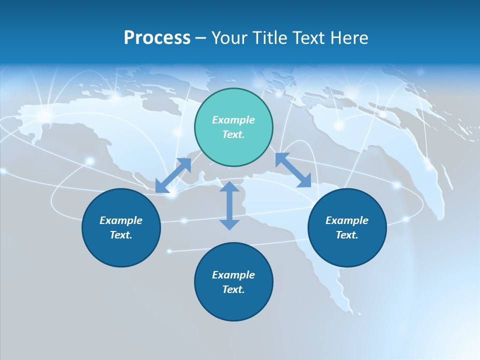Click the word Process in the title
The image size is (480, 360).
[157, 38]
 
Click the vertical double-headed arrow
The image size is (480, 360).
[229, 206]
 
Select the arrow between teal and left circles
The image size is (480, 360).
[173, 175]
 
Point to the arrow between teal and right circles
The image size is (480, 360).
[293, 170]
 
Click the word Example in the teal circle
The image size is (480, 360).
[233, 120]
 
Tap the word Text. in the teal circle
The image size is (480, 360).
[233, 134]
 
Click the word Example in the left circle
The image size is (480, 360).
[121, 220]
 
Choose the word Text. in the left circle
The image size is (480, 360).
[121, 235]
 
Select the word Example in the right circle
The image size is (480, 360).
[347, 220]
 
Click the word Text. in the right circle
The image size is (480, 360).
[347, 235]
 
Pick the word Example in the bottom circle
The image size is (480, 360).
[233, 275]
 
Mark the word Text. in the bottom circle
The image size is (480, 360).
[233, 289]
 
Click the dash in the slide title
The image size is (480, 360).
[201, 38]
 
